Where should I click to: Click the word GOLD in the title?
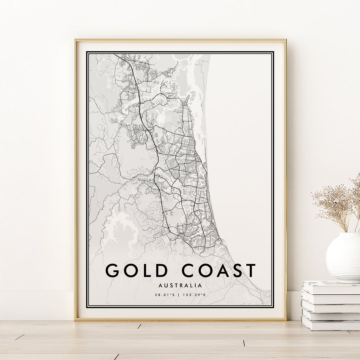(137, 270)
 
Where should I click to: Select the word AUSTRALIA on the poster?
(180, 286)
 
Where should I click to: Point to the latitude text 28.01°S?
(164, 295)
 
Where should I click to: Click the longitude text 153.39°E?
(195, 295)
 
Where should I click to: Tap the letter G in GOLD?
(113, 270)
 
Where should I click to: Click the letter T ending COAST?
(249, 270)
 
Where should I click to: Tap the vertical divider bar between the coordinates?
(180, 295)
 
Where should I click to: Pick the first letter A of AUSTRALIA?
(161, 286)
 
